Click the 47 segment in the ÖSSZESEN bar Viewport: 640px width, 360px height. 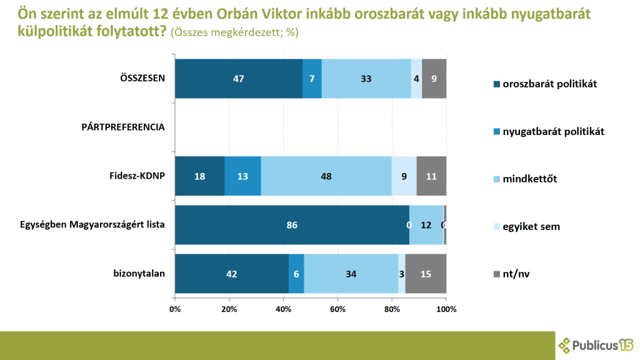(x=238, y=79)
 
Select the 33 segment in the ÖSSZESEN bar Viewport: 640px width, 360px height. (x=366, y=79)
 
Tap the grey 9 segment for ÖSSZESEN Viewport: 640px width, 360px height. (x=434, y=79)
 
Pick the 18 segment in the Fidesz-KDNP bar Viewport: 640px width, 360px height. (x=199, y=176)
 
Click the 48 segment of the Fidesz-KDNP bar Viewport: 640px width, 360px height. (x=326, y=176)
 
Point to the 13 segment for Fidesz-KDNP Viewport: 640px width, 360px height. (x=242, y=176)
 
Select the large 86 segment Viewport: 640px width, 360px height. (x=292, y=224)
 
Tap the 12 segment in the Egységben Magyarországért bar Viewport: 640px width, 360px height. (x=426, y=224)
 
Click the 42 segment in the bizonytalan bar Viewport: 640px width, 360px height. (x=232, y=273)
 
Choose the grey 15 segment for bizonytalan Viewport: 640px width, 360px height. (x=426, y=273)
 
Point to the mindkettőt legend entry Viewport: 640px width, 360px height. (x=529, y=179)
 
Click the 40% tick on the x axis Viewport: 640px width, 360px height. (x=283, y=309)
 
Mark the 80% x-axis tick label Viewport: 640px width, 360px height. (x=392, y=309)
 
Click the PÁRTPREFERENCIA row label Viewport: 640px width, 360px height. (x=123, y=127)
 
